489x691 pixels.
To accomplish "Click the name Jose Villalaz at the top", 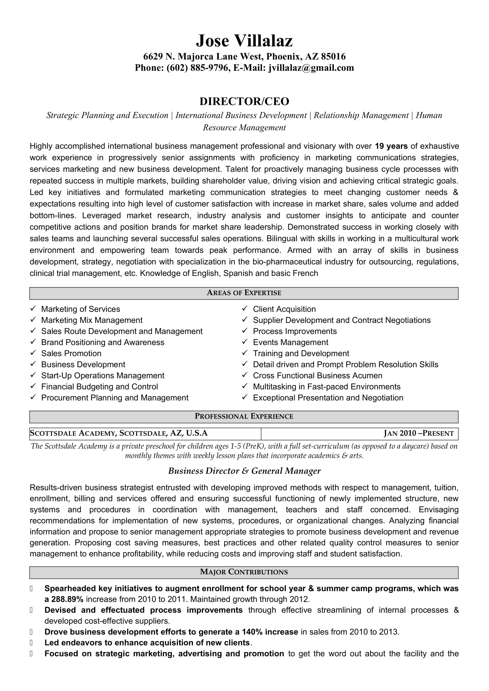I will [244, 41].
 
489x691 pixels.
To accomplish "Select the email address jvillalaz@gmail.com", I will [311, 68].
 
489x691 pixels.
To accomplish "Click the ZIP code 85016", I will [333, 56].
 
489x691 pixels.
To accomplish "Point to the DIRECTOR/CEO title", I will [244, 101].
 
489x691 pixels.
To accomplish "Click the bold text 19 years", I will [391, 146].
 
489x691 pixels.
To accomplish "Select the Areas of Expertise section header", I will [244, 293].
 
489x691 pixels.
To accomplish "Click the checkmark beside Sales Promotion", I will [33, 353].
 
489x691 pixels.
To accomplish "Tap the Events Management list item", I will [290, 342].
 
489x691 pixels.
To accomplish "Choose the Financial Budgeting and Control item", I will [99, 386].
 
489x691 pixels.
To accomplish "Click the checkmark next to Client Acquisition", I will [245, 308].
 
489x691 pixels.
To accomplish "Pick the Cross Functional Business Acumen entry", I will [317, 375].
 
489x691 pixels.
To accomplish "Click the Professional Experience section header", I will [244, 416].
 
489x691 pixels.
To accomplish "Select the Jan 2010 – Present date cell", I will [419, 433].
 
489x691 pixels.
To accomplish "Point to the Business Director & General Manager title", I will [244, 471].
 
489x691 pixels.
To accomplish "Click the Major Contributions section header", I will [244, 572].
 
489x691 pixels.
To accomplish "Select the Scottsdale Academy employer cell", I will [119, 433].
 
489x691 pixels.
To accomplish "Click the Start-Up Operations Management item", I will [103, 375].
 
